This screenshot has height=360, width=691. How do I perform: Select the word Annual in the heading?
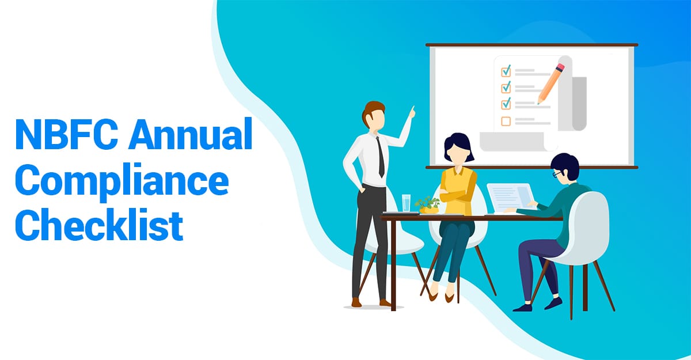[191, 134]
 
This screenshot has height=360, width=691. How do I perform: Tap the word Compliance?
[122, 181]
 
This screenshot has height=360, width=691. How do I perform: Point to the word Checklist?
[99, 225]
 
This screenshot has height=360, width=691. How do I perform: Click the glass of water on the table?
[407, 203]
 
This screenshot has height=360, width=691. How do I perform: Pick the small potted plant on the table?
[428, 205]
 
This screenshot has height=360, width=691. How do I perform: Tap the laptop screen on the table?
[511, 198]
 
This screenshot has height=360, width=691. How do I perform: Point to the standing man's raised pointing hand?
[412, 112]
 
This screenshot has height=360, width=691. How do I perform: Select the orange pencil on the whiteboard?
[551, 84]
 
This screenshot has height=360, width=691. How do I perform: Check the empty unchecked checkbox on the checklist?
[506, 121]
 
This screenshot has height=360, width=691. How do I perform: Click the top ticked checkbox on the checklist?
[506, 71]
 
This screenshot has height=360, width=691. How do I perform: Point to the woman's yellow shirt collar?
[457, 170]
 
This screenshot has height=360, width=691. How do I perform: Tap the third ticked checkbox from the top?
[506, 104]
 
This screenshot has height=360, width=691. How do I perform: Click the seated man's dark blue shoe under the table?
[522, 308]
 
